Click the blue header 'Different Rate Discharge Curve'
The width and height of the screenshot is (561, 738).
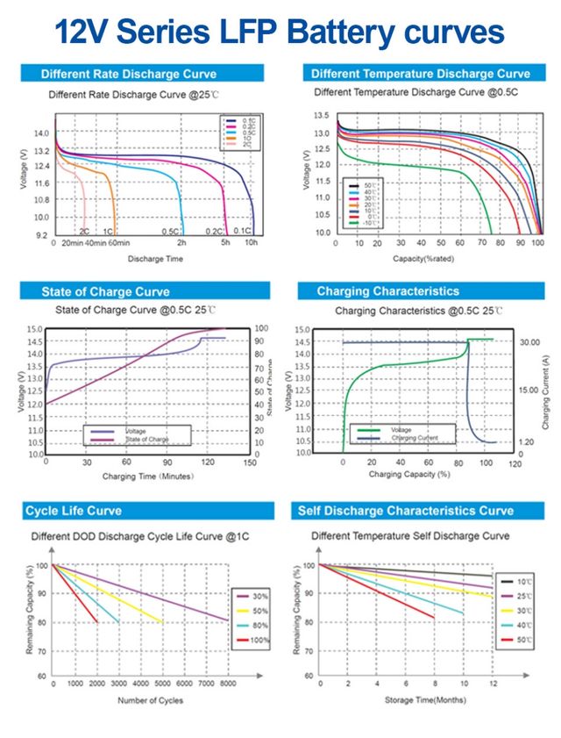[x=129, y=74]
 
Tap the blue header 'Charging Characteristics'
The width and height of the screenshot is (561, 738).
[x=387, y=291]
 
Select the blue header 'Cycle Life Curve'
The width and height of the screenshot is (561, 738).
[x=74, y=511]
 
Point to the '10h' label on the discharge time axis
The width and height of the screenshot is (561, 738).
[x=251, y=243]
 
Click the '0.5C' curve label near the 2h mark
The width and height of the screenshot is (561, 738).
[x=170, y=232]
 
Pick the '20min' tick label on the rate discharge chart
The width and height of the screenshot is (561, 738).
[x=72, y=243]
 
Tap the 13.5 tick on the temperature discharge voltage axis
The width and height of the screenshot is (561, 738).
[x=321, y=115]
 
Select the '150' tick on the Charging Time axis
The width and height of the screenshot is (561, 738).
[x=249, y=462]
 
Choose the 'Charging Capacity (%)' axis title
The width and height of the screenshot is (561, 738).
[x=409, y=475]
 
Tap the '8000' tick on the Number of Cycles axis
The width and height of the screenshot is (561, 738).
[x=226, y=684]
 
